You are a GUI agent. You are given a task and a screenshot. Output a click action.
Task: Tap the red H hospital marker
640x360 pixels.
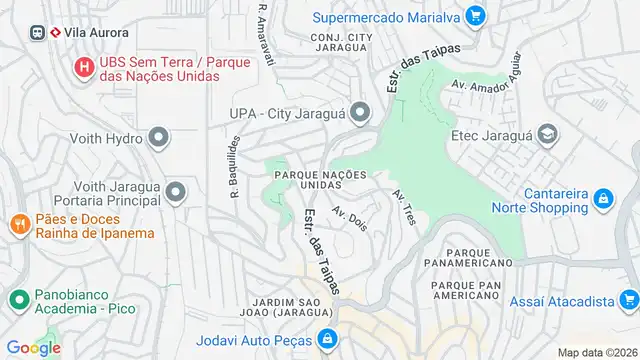click(85, 69)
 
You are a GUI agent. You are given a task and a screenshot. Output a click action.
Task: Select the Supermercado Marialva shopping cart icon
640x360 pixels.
click(475, 16)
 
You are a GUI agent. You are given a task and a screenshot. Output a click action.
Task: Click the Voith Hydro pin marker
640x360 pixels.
click(158, 137)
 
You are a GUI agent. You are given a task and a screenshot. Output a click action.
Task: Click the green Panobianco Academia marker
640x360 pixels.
click(19, 298)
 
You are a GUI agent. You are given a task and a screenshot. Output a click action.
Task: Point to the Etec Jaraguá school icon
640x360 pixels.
click(547, 134)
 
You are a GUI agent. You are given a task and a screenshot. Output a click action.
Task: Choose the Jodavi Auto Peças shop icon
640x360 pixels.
click(327, 340)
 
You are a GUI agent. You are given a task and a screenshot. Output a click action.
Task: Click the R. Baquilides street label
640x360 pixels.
click(231, 164)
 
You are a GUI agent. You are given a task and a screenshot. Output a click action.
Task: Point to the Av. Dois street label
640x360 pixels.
click(351, 219)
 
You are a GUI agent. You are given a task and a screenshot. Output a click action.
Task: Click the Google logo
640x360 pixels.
click(34, 348)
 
